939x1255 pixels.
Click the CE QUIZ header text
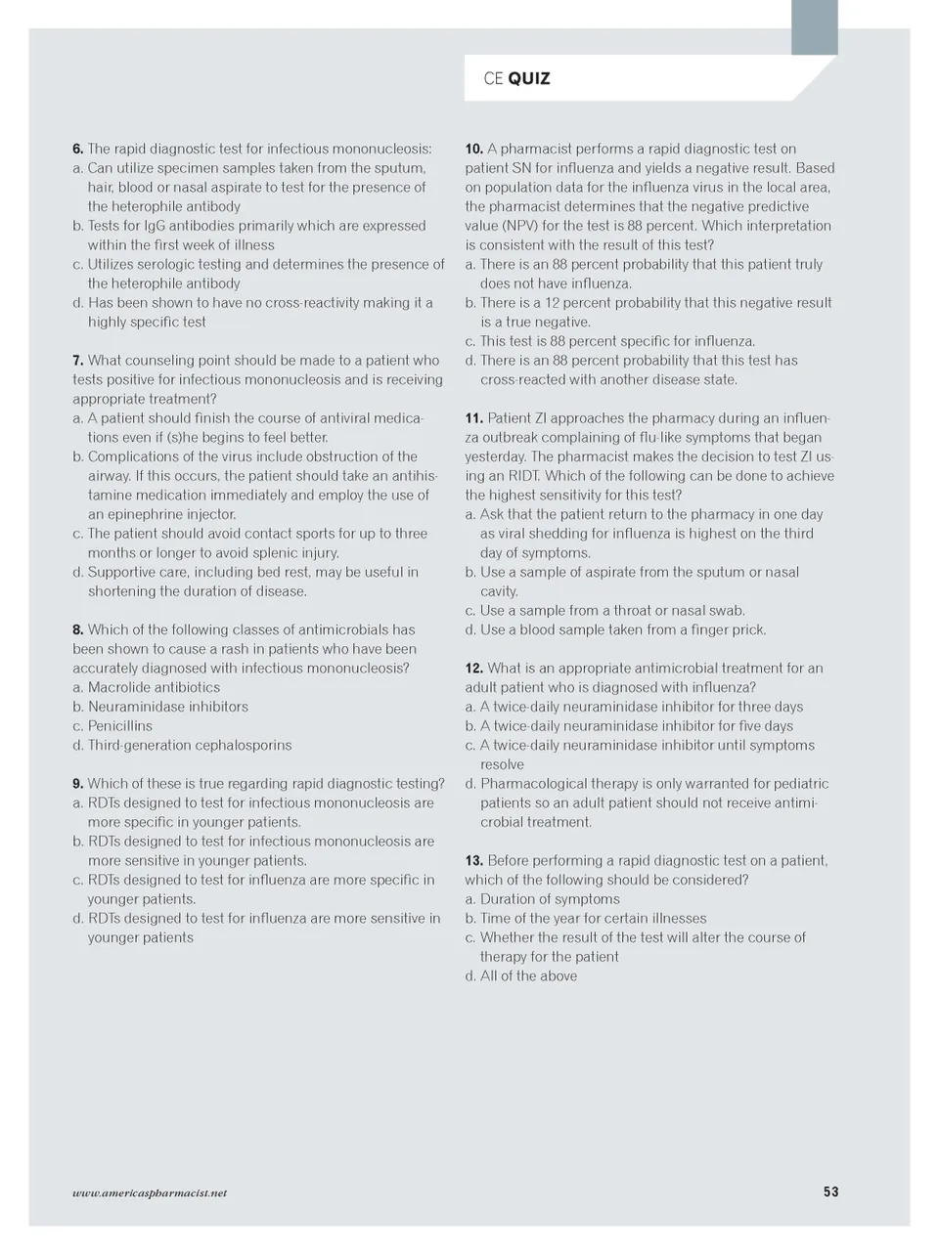pos(516,78)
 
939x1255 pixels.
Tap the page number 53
pos(830,1191)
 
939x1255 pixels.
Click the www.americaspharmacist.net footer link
pos(150,1192)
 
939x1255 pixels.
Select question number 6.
pos(77,149)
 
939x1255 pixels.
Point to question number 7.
pos(77,360)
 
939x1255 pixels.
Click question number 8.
pos(77,629)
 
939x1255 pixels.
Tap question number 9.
pos(77,783)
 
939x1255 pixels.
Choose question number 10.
pos(473,149)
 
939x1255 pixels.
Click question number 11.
pos(473,417)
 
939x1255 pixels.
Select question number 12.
pos(473,668)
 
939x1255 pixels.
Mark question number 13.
pos(473,860)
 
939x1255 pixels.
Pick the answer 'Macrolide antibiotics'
pos(154,687)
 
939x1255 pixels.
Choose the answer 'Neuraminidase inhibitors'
pos(167,706)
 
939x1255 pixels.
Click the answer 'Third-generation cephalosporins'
pos(190,745)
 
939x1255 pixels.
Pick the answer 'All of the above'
pos(528,975)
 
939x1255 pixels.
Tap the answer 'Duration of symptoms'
pos(550,898)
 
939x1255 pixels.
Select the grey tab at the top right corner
pos(814,26)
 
